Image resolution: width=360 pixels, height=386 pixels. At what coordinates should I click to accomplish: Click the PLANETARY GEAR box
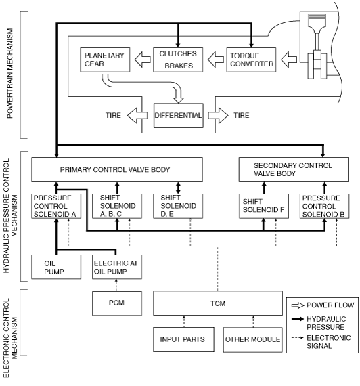[x=105, y=60]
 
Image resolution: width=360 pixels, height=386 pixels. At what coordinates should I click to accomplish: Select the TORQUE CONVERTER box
[x=251, y=60]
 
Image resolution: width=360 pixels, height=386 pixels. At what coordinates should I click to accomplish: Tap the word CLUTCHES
[x=178, y=53]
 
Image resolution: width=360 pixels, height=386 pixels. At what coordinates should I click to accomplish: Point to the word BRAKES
[x=179, y=66]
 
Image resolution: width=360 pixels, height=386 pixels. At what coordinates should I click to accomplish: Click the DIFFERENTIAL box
[x=179, y=115]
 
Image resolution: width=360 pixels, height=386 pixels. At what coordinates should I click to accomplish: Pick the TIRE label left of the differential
[x=113, y=115]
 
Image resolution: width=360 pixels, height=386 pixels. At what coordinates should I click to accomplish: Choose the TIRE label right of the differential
[x=242, y=115]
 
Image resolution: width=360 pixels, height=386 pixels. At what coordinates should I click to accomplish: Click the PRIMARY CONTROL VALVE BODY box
[x=117, y=169]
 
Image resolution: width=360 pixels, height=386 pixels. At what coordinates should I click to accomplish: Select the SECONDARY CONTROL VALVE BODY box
[x=294, y=169]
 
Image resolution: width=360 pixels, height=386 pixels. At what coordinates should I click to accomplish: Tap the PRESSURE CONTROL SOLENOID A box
[x=56, y=206]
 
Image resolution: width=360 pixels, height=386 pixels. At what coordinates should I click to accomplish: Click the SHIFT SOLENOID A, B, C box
[x=117, y=206]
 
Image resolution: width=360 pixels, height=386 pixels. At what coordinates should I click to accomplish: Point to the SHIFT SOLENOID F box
[x=264, y=206]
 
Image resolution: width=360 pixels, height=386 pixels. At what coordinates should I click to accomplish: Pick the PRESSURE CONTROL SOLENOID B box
[x=324, y=206]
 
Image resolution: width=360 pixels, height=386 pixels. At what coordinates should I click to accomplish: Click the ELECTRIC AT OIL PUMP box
[x=117, y=267]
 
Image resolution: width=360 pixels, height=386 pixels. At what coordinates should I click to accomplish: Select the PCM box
[x=117, y=303]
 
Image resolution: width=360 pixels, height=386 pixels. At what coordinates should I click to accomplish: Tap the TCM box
[x=218, y=303]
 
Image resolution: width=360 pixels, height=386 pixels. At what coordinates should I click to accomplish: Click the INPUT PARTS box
[x=183, y=339]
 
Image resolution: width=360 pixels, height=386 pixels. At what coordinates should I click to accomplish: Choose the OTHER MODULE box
[x=252, y=339]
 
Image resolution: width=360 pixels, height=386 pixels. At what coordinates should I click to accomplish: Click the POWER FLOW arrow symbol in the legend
[x=298, y=305]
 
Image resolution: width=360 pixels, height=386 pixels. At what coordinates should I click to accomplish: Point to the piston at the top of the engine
[x=317, y=21]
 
